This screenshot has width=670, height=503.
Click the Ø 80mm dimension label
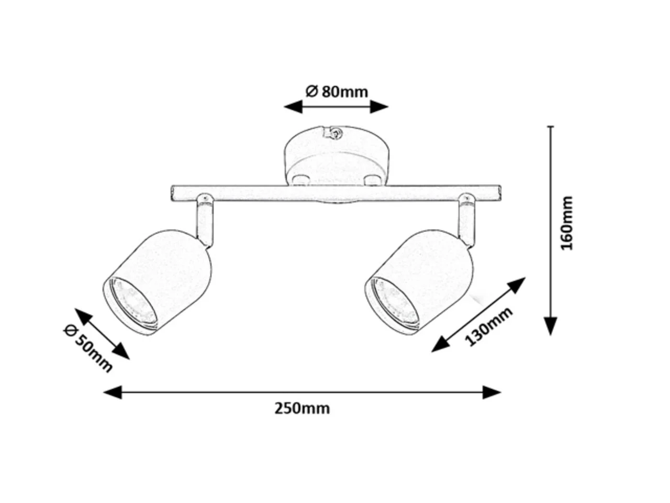coord(337,92)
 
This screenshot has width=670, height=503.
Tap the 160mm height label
coord(567,223)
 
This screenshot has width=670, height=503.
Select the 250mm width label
coord(302,409)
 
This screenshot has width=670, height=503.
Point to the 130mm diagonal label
coord(488,326)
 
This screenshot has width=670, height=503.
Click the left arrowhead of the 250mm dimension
coord(113,392)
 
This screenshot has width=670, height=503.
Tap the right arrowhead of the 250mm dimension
coord(492,392)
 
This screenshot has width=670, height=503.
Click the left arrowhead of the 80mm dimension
coord(293,107)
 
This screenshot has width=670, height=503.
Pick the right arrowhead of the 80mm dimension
coord(379,107)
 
